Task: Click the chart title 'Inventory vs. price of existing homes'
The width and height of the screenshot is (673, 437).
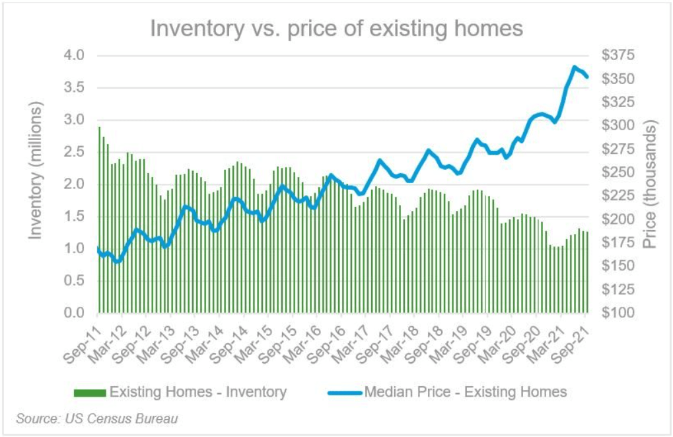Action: [x=336, y=28]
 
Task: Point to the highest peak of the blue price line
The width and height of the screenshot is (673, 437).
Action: [x=575, y=67]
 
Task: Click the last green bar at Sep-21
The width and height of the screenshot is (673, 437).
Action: [x=586, y=272]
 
